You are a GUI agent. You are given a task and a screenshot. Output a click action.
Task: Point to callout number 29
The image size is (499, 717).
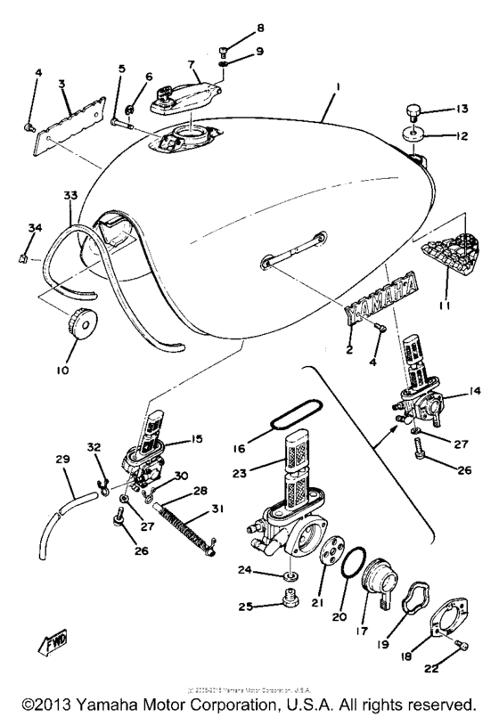(62, 459)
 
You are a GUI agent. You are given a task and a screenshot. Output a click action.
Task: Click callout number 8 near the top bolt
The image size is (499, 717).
(236, 28)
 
